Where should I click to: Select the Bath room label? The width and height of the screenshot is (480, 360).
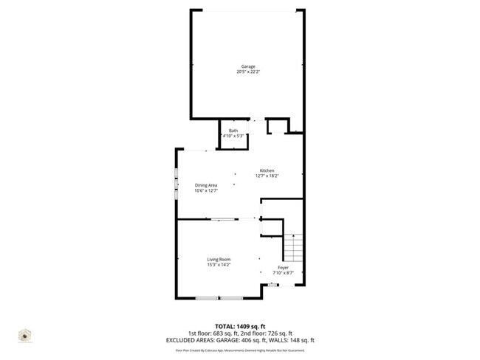(x=233, y=131)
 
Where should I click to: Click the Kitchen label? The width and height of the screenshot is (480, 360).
(x=267, y=170)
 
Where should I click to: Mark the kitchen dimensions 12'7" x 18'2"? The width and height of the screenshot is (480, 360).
(x=267, y=176)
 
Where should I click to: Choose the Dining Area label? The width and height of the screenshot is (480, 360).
(x=206, y=184)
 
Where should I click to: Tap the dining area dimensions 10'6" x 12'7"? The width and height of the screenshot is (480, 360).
(x=206, y=190)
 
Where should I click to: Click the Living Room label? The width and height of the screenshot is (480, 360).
(x=219, y=259)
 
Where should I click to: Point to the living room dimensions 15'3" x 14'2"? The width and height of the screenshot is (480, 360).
(x=219, y=265)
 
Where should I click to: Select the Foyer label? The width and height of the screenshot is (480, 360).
(x=283, y=267)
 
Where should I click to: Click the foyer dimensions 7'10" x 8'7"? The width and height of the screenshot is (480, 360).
(x=283, y=273)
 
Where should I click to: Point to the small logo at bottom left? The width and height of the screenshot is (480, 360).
(x=24, y=336)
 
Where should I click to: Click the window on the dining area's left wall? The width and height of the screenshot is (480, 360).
(x=176, y=184)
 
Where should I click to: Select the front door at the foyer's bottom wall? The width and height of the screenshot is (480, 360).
(x=273, y=283)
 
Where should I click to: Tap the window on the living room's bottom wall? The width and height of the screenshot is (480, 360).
(x=218, y=297)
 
